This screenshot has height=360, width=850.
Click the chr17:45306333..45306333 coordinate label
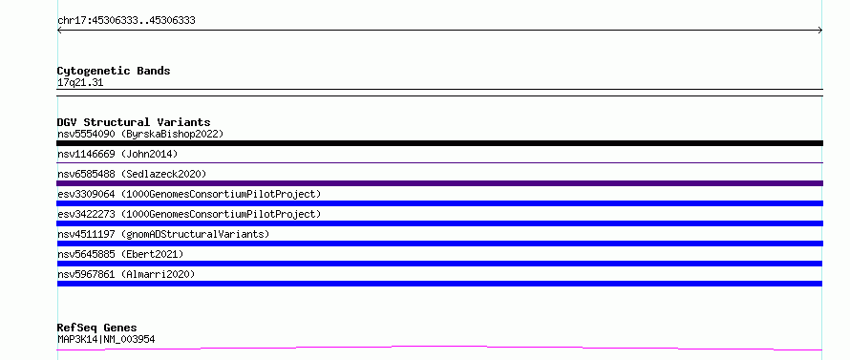point(126,21)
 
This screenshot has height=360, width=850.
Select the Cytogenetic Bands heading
point(114,71)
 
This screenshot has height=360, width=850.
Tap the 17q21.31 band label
point(80,83)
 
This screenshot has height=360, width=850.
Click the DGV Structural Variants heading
point(134,122)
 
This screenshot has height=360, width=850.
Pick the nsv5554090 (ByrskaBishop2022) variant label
point(140,134)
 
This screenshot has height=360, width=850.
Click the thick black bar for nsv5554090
point(439,143)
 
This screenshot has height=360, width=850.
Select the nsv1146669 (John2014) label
point(117,154)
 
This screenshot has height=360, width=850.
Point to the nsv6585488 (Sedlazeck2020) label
point(132,174)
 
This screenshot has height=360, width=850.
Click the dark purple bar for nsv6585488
point(439,183)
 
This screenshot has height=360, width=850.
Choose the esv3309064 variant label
point(189,194)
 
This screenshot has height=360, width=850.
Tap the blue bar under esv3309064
point(439,203)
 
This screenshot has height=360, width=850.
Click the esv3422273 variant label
point(189,214)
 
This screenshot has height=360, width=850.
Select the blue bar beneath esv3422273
point(439,223)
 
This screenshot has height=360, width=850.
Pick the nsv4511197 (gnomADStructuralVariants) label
point(163,234)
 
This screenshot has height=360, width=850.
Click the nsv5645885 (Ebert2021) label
point(120,254)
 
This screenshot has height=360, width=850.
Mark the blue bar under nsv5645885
point(439,264)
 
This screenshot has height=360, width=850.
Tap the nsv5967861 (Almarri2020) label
point(126,274)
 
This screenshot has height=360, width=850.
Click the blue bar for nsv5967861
point(439,284)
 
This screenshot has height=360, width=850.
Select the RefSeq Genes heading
point(97,328)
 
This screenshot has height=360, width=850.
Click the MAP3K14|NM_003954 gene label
point(106,340)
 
